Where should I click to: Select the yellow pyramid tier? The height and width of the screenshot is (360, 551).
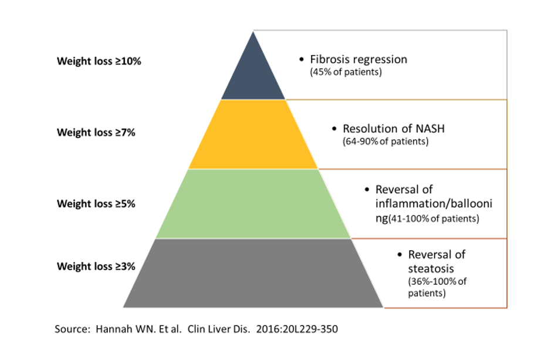pos(253,134)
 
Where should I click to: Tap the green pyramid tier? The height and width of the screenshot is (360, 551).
pos(253,204)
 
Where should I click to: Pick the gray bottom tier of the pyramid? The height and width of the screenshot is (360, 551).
pos(253,273)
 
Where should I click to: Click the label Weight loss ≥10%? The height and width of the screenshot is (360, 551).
pos(99,61)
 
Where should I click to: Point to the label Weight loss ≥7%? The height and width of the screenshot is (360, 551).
pos(96,133)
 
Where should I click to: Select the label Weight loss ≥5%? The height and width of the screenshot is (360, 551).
pos(96,204)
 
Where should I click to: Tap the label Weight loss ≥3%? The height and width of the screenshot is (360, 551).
pos(96,267)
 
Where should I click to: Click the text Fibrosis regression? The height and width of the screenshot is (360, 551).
pos(359,59)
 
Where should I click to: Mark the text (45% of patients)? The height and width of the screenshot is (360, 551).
pos(346,72)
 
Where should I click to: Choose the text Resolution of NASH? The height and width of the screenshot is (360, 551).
pos(394,129)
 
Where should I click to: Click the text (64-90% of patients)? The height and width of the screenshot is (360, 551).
pos(386,142)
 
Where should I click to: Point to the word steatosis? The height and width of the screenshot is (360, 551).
pos(431,269)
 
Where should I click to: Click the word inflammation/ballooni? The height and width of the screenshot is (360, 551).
pos(434,204)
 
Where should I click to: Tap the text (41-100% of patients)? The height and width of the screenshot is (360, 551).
pos(434,218)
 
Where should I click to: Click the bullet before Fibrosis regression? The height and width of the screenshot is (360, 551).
pos(302,59)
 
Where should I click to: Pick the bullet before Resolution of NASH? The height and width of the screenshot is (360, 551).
pos(334,129)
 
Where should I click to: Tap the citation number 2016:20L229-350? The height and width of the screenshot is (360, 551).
pos(297,329)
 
